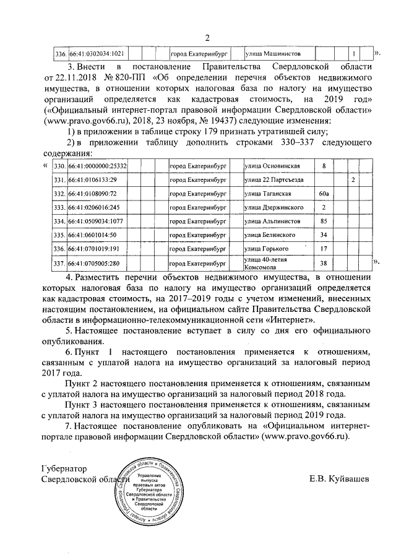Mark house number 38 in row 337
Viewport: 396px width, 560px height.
[x=323, y=263]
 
